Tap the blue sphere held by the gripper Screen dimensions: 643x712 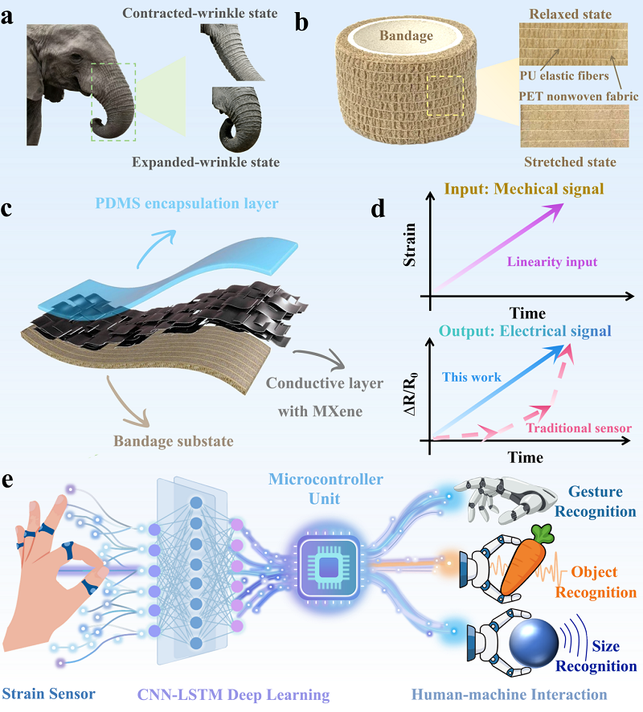534,643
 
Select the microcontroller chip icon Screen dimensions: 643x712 329,567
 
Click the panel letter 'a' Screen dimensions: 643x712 6,16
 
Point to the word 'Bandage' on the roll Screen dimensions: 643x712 406,35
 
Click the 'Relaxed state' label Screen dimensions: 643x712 571,14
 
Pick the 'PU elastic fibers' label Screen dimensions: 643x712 564,76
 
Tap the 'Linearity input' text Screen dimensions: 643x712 552,261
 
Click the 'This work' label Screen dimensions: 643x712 471,377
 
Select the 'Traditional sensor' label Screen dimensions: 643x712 579,428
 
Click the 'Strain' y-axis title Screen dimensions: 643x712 410,244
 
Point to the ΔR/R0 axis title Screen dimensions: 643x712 411,394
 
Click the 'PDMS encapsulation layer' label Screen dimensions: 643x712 186,203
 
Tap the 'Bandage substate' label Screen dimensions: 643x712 174,441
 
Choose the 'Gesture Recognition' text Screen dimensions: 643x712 596,501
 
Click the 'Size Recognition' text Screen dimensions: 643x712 596,656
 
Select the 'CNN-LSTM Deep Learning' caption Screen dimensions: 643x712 233,695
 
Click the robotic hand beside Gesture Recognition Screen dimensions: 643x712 505,500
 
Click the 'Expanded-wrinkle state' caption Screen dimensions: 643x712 206,162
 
